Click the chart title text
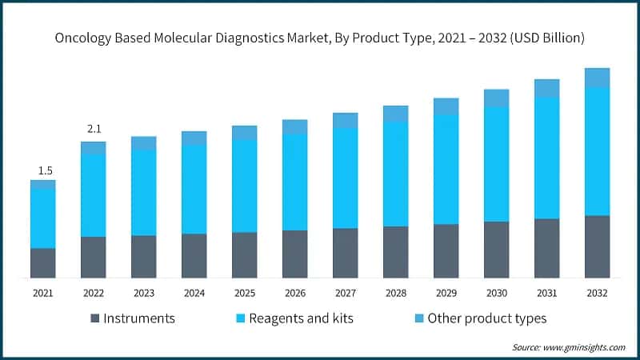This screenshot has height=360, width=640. tap(320, 37)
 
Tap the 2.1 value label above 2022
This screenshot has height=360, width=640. tap(94, 130)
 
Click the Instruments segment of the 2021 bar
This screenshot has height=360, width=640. tap(43, 263)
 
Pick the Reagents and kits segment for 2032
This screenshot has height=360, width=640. tap(597, 151)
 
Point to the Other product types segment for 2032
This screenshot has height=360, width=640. tap(597, 78)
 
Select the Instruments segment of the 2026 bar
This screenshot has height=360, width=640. tap(295, 254)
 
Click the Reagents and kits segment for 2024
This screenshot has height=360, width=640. tap(194, 190)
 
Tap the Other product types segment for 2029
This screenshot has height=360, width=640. tap(446, 106)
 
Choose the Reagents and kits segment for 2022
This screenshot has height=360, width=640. tap(94, 195)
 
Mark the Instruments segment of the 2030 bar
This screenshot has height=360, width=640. tap(496, 250)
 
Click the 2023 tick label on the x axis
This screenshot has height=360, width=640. tap(144, 293)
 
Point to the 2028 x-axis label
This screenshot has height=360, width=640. tap(395, 293)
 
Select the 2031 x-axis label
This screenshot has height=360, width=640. tap(546, 293)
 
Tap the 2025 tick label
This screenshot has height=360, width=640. tap(245, 293)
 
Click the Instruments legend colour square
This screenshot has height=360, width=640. tap(96, 318)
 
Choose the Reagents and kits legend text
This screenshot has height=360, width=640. tap(301, 318)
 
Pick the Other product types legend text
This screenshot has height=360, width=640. tap(486, 318)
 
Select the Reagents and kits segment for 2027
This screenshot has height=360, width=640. tap(345, 178)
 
